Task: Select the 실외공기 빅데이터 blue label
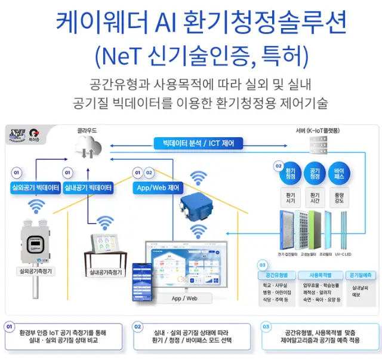coord(35,187)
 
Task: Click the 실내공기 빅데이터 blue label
coord(88,187)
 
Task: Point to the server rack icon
coord(317,146)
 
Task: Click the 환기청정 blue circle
coord(291,173)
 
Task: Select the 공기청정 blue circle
coord(315,173)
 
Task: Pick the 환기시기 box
coord(291,198)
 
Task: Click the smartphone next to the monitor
coord(143,277)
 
